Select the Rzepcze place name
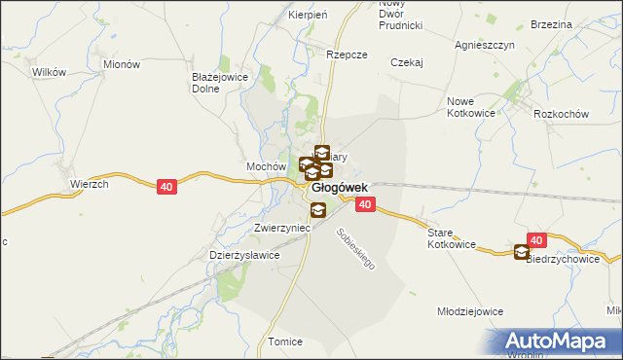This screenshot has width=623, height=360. point(348,55)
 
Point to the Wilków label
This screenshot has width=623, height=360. point(49,72)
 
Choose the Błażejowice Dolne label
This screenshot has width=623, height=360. point(220,82)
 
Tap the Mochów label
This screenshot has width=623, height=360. point(265,166)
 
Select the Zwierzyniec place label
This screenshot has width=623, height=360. point(281,227)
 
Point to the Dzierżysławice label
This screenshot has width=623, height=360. point(245,255)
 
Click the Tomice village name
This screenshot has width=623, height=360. point(285,342)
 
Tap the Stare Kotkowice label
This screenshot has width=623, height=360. point(452,239)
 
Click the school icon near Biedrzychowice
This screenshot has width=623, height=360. point(523,253)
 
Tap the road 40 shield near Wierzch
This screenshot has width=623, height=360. point(166,186)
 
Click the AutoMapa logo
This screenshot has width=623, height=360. point(561,341)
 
